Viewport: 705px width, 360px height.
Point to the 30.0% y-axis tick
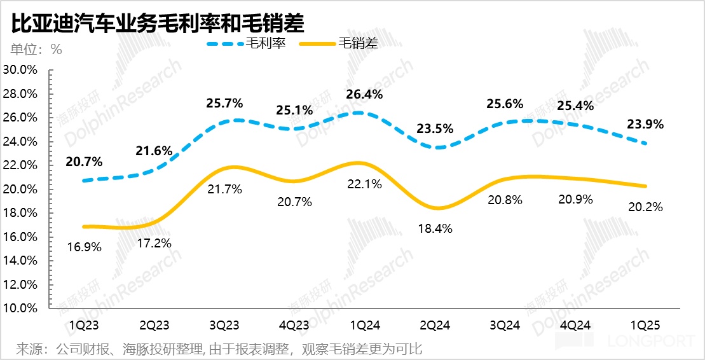coord(20,70)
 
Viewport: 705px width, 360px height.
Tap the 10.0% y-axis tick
coord(20,308)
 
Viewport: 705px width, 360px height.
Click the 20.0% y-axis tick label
coord(20,190)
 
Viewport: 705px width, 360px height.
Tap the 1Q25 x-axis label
coord(646,326)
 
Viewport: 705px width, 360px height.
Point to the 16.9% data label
coord(83,247)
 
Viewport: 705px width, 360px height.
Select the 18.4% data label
coord(434,228)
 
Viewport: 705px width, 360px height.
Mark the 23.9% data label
coord(645,125)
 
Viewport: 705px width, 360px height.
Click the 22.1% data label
coord(364,185)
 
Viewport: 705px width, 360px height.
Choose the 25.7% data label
coord(224,102)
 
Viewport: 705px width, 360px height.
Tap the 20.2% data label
coord(645,207)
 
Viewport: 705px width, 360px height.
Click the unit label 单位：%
coord(36,50)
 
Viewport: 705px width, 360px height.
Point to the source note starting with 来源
coord(219,349)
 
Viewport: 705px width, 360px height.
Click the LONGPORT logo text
coord(651,342)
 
